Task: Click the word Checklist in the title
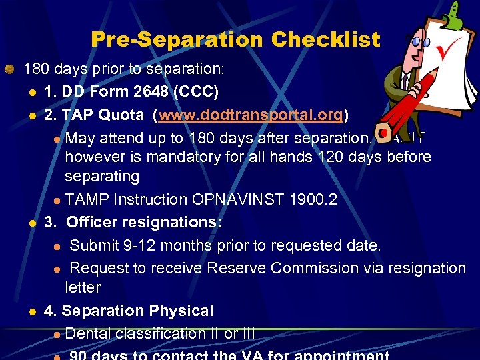tap(325, 40)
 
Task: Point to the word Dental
tap(89, 333)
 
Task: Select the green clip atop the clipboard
tap(455, 14)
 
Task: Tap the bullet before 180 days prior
tap(10, 69)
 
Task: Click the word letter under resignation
tap(83, 287)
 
